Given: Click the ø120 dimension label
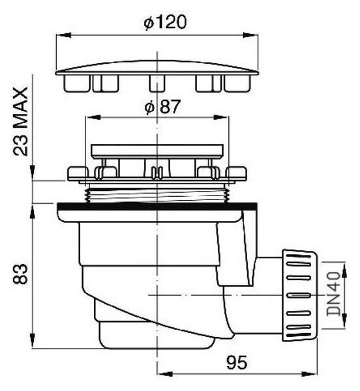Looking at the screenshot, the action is tap(165, 22).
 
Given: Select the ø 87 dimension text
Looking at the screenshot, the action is tap(162, 107).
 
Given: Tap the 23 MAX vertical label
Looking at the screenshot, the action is tap(21, 122).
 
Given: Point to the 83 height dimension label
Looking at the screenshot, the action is tap(20, 274).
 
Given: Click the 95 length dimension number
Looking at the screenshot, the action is tap(237, 362).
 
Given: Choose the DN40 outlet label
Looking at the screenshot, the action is tap(334, 293).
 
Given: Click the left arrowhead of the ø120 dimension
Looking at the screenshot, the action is tap(63, 35).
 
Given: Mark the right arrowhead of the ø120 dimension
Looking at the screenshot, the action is tap(250, 35).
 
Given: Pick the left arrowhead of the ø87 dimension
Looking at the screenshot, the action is tap(93, 117).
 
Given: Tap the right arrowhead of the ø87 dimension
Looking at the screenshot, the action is tap(221, 117).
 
